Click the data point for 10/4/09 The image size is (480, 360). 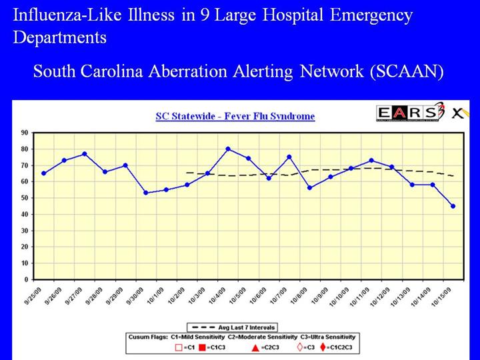pyautogui.click(x=228, y=149)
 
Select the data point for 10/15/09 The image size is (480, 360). pyautogui.click(x=453, y=206)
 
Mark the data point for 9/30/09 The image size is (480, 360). pyautogui.click(x=146, y=193)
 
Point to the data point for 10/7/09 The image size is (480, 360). pyautogui.click(x=289, y=157)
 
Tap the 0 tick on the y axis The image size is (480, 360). pyautogui.click(x=24, y=279)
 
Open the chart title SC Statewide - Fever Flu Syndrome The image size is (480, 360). pyautogui.click(x=235, y=116)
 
